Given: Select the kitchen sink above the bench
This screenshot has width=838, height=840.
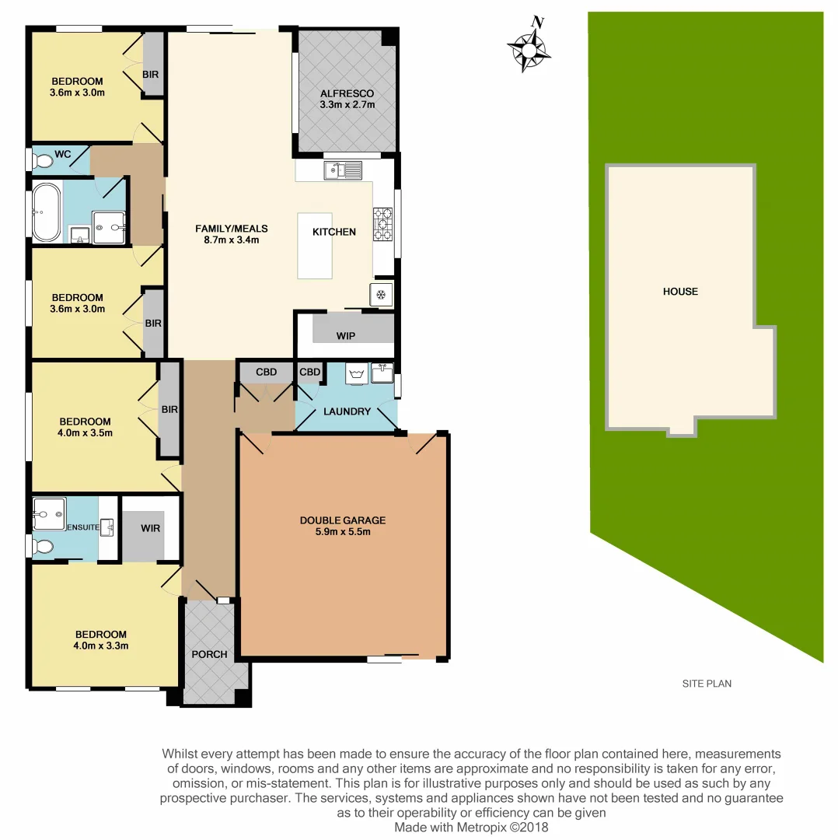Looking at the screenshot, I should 343,170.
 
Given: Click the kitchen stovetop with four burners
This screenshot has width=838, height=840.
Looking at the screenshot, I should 383,222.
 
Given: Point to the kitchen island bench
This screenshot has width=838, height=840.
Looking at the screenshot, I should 314,246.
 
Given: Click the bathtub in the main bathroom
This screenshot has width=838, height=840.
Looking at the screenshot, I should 46,212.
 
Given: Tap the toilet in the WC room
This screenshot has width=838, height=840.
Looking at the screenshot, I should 42,161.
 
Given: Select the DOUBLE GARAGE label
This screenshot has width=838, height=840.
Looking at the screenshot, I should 342,520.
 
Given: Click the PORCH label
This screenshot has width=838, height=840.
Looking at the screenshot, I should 209,654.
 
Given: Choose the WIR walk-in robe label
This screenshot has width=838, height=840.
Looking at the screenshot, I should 150,528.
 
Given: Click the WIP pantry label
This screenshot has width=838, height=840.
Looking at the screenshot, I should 346,336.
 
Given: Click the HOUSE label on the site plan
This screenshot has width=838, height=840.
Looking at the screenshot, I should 680,292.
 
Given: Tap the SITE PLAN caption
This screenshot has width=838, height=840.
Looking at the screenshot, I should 707,684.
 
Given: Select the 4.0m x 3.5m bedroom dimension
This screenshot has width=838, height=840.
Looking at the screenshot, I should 93,433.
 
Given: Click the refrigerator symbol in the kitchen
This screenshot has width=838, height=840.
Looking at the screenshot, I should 381,295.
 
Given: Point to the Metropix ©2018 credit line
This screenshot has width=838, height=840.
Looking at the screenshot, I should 471,827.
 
